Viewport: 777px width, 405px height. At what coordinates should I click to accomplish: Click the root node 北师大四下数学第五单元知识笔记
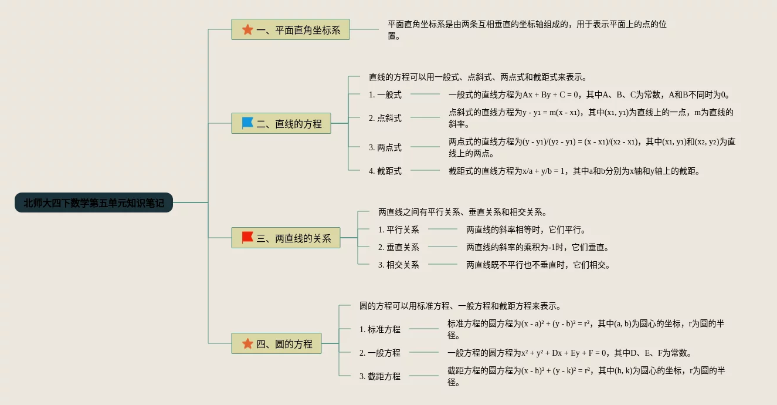(x=94, y=203)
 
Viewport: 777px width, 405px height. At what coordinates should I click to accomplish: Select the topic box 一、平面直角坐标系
(x=290, y=29)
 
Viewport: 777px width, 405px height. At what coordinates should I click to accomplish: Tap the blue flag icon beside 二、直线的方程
(x=247, y=123)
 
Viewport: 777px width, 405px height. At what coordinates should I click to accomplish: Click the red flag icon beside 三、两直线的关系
(x=247, y=238)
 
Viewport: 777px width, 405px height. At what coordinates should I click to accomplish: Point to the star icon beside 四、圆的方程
(x=247, y=344)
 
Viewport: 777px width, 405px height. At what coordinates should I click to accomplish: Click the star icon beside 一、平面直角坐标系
(x=247, y=29)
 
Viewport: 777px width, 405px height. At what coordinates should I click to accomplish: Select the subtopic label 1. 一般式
(x=385, y=95)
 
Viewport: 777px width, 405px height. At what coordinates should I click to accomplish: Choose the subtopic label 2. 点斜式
(x=385, y=118)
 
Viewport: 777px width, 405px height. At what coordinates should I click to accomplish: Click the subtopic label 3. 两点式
(x=385, y=147)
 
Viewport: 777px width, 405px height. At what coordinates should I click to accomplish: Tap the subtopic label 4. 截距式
(x=385, y=171)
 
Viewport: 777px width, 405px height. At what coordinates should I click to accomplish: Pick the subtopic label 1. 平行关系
(x=399, y=230)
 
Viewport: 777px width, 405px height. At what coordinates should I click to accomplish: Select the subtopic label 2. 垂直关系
(x=399, y=247)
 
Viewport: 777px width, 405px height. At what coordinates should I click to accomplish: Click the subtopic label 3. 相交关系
(x=399, y=265)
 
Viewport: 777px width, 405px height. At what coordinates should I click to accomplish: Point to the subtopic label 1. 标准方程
(x=380, y=329)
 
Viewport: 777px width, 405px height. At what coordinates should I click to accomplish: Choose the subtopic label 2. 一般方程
(x=380, y=353)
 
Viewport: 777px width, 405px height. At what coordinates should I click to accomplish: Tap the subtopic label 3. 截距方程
(x=380, y=376)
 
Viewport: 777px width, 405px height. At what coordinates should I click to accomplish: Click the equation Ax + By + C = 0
(x=551, y=95)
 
